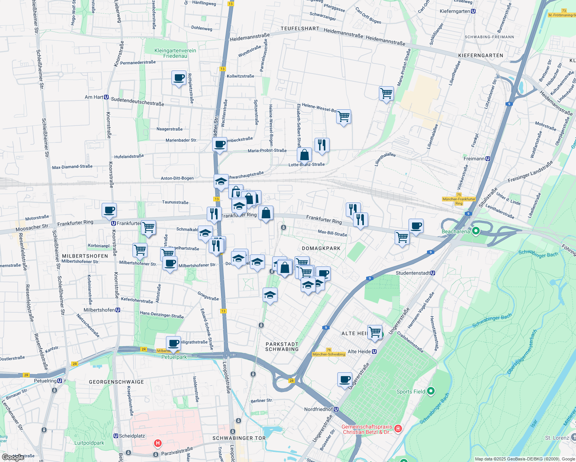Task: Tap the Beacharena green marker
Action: tap(476, 231)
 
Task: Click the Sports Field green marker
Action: tap(431, 391)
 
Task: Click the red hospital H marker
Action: tap(157, 444)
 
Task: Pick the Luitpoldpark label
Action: tap(89, 443)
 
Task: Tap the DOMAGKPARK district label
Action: tap(321, 248)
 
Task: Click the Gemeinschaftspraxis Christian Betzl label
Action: tap(367, 429)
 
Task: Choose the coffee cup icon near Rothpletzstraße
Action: tap(179, 78)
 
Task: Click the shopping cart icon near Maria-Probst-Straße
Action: tap(386, 94)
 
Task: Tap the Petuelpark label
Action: tap(174, 357)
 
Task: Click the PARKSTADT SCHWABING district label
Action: tap(282, 346)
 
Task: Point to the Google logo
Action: tap(13, 457)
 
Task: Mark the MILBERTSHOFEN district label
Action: tap(85, 256)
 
